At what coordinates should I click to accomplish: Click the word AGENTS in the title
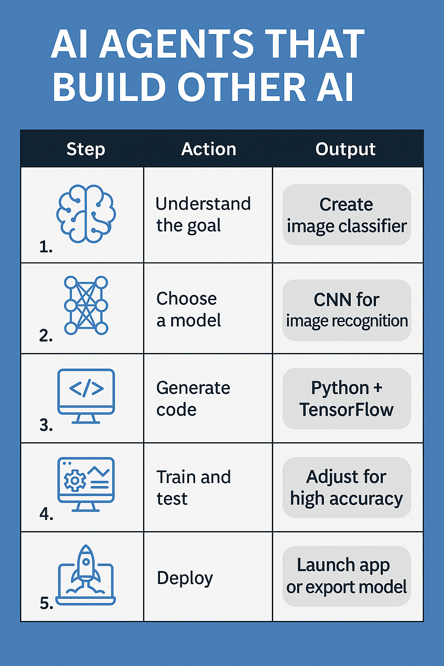[x=176, y=44]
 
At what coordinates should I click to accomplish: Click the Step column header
[x=86, y=149]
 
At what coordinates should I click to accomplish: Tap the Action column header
[x=209, y=149]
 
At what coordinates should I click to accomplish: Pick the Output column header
[x=345, y=149]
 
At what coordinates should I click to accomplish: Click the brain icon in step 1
[x=86, y=214]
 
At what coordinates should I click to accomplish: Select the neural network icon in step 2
[x=86, y=305]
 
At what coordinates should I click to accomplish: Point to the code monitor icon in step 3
[x=86, y=396]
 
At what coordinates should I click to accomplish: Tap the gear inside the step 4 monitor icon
[x=75, y=480]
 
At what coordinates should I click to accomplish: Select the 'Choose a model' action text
[x=189, y=309]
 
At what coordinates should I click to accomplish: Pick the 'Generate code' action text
[x=193, y=399]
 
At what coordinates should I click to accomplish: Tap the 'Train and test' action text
[x=193, y=487]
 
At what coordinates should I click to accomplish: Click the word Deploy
[x=185, y=578]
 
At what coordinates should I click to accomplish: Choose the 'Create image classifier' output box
[x=347, y=214]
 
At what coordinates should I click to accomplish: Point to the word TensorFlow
[x=346, y=410]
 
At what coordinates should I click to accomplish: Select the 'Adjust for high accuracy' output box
[x=347, y=487]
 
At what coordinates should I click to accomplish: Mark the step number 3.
[x=46, y=425]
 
